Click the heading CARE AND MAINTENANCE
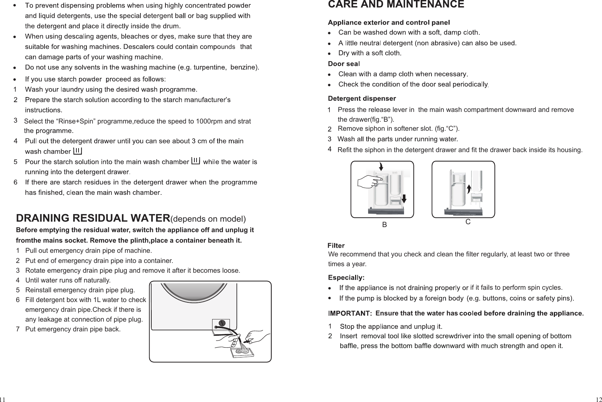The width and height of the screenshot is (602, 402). tap(396, 5)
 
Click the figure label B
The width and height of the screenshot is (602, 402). tap(385, 225)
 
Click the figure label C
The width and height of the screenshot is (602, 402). tap(468, 222)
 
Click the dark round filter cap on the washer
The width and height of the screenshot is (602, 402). tap(222, 323)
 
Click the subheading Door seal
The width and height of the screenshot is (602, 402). tap(344, 64)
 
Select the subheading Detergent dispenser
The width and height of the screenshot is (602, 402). tap(362, 99)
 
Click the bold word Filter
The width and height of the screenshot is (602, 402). tap(336, 246)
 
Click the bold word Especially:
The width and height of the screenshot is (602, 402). tap(346, 278)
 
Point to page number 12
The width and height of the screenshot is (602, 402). tap(598, 399)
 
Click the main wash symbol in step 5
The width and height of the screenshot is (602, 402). tap(195, 160)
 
